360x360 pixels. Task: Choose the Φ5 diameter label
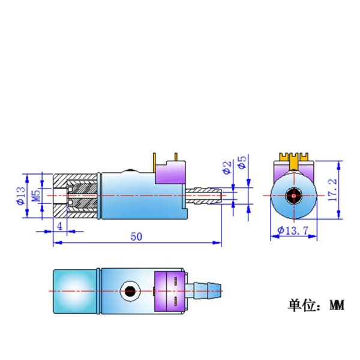[x=242, y=163]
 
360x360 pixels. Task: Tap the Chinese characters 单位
[x=298, y=305]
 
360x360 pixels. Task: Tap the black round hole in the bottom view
[x=129, y=292]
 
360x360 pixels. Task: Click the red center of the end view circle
[x=294, y=196]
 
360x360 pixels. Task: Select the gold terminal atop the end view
[x=294, y=160]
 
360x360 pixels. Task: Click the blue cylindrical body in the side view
[x=126, y=195]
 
